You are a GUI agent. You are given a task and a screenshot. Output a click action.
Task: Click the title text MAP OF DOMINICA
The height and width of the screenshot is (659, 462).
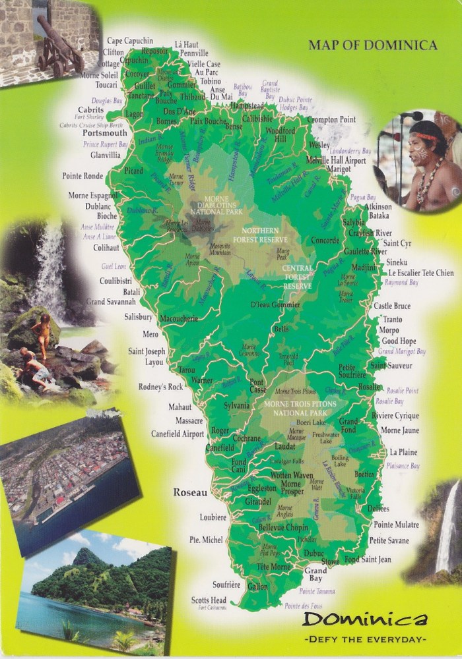click(372, 45)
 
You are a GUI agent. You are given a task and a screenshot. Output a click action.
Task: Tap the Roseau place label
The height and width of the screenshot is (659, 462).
click(190, 492)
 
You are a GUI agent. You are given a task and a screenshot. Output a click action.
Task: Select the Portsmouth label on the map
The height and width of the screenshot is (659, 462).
click(105, 132)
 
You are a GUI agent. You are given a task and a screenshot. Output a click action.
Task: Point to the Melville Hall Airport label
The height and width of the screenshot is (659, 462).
click(336, 160)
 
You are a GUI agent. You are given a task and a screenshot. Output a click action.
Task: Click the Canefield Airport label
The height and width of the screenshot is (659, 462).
click(178, 434)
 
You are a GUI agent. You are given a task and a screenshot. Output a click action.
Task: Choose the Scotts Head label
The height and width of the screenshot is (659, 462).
click(209, 600)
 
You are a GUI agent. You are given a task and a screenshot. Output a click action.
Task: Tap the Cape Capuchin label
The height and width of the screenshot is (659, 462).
click(130, 41)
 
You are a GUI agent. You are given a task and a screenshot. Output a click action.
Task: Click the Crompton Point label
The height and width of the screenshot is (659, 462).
click(331, 120)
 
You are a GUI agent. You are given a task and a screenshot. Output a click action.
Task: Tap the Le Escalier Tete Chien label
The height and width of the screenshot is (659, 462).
click(420, 273)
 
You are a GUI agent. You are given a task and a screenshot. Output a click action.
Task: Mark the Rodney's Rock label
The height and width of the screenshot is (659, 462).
click(160, 386)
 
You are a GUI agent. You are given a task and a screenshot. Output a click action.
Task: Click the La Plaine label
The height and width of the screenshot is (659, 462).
click(403, 452)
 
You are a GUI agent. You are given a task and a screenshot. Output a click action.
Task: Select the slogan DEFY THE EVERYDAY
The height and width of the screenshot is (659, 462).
click(364, 639)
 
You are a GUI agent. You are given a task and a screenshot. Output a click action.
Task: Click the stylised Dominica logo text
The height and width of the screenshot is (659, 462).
click(365, 619)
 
